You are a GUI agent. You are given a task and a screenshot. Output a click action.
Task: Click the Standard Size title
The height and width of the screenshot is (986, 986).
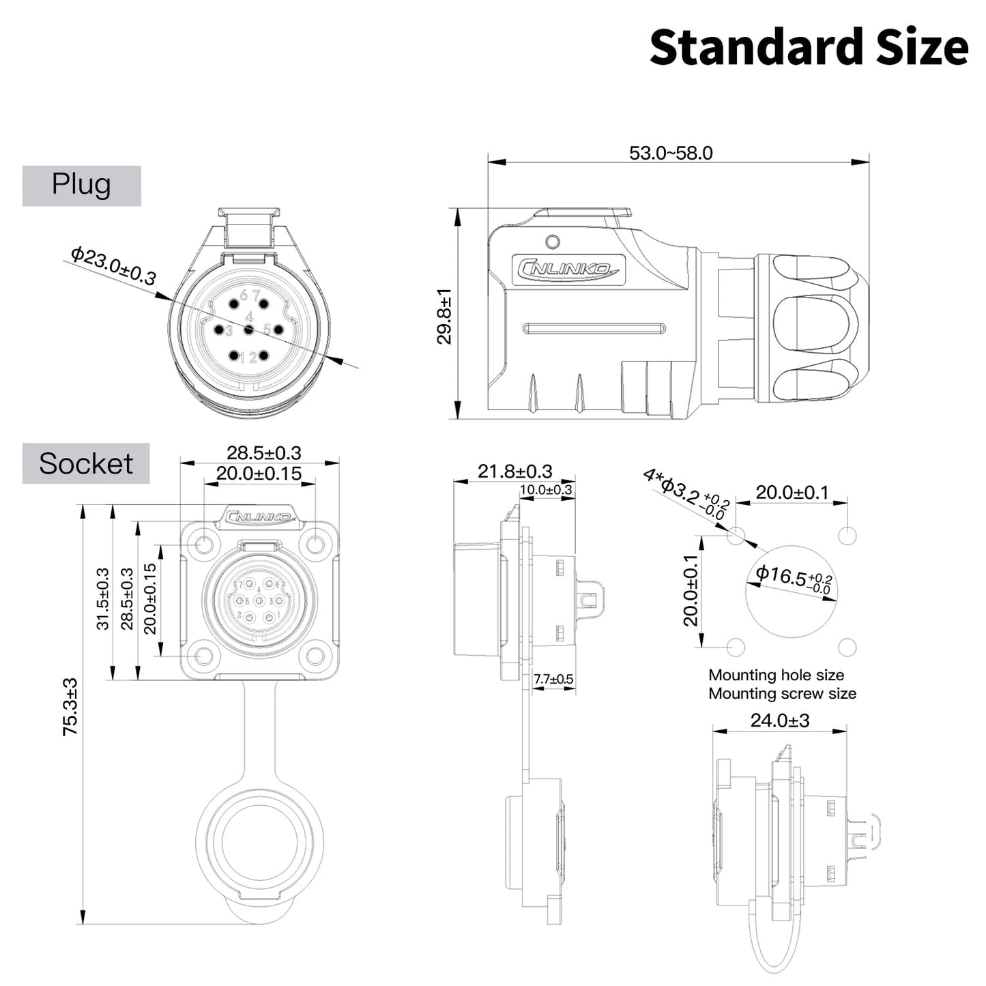(809, 48)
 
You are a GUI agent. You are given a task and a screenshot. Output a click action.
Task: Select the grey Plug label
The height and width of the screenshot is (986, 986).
(81, 185)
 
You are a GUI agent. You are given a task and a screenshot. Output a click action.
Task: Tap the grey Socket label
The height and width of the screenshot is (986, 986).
(86, 464)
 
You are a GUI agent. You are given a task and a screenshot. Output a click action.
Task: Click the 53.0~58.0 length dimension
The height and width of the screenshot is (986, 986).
(671, 153)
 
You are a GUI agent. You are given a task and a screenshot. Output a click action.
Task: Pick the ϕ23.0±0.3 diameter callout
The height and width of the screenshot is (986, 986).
(113, 265)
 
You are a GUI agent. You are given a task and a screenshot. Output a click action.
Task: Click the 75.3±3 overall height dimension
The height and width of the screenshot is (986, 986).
(70, 707)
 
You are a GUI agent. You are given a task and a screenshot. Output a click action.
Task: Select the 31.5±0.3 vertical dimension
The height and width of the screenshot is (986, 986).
(102, 598)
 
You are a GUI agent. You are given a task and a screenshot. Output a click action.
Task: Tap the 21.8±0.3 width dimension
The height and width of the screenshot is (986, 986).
(514, 472)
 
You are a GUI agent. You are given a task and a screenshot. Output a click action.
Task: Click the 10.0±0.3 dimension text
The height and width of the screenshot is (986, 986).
(546, 490)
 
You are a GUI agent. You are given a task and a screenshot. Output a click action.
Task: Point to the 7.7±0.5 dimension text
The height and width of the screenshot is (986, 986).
(553, 679)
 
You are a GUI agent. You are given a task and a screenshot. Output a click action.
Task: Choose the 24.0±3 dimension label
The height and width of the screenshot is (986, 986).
(780, 721)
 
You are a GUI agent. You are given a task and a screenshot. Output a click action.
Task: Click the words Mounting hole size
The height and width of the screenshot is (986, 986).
(776, 675)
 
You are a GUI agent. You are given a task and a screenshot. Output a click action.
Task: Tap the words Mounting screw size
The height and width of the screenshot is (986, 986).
(782, 693)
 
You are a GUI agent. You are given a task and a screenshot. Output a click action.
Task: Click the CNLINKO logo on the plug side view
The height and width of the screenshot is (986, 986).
(568, 269)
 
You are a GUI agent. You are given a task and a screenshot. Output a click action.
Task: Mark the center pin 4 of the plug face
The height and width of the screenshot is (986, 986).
(249, 330)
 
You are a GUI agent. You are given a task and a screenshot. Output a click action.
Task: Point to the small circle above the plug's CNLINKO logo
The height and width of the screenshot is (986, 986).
(553, 242)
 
